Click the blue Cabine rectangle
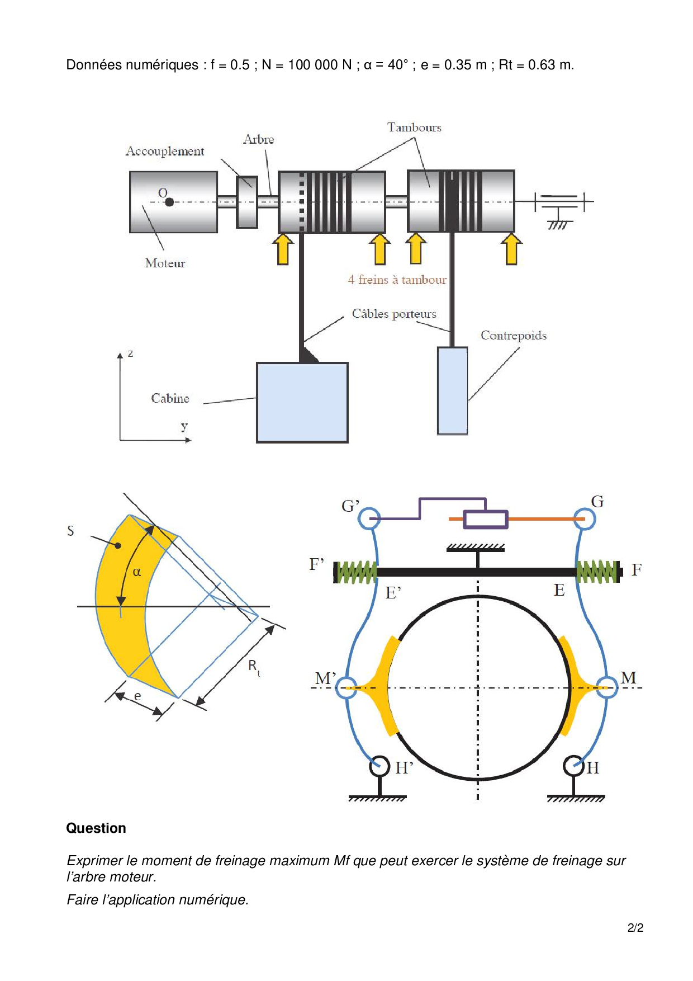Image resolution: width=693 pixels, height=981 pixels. [302, 402]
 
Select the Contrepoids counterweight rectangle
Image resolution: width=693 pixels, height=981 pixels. [452, 390]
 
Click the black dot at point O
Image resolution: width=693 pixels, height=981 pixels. [169, 202]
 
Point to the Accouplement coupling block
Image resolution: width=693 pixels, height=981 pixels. [247, 202]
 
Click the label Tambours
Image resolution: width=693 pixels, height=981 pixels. [414, 128]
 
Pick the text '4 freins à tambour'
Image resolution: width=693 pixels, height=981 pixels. [397, 280]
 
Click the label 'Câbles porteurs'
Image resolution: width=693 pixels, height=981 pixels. [394, 314]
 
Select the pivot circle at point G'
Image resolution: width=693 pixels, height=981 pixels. [369, 518]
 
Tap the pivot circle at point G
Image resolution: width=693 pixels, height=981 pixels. [585, 518]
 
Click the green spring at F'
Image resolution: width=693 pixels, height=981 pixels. [355, 572]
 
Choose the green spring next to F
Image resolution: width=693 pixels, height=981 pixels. [598, 572]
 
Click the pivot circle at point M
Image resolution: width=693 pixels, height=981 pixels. [606, 687]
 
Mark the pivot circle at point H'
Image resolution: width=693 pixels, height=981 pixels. [379, 766]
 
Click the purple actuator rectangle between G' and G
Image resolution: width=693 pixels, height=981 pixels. [486, 520]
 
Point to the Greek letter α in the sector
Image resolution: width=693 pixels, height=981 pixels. [137, 572]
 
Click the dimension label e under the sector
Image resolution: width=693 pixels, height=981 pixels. [137, 696]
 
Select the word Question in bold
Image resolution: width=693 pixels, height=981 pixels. [96, 828]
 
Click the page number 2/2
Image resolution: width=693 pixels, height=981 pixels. [635, 928]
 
